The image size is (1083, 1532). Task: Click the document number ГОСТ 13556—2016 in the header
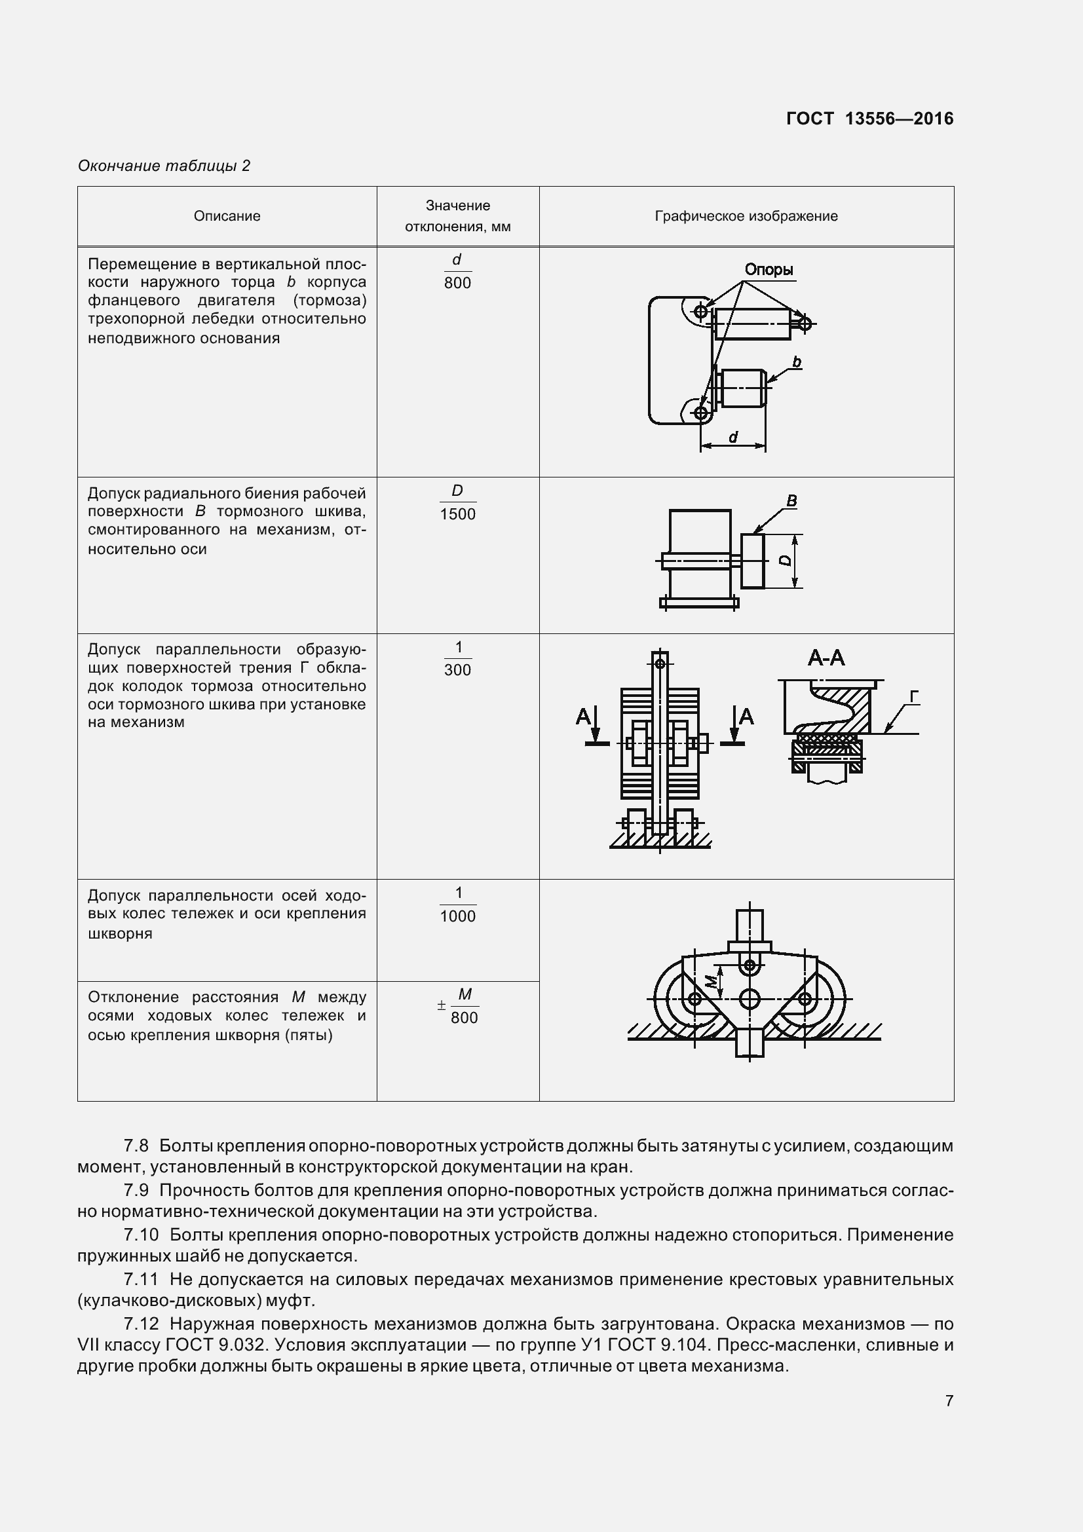(x=869, y=119)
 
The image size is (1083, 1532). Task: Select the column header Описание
(x=227, y=216)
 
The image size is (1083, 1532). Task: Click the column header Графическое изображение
(x=746, y=216)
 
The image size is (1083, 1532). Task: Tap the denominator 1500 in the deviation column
(x=458, y=514)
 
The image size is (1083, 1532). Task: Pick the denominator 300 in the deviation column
(x=458, y=670)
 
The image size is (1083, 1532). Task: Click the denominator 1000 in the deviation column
(x=458, y=916)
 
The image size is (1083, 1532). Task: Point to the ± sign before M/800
(x=441, y=1005)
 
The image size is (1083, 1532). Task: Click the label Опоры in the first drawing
(x=769, y=271)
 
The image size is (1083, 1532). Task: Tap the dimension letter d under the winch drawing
(x=732, y=438)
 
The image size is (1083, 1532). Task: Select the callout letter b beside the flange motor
(x=797, y=362)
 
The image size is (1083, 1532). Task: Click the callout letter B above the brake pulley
(x=792, y=500)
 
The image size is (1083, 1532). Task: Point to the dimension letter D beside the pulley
(x=786, y=561)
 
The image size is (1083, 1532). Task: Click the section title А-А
(x=826, y=658)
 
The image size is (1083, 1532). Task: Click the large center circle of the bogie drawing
(x=750, y=999)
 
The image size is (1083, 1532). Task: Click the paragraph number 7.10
(x=141, y=1235)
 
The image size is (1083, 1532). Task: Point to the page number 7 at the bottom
(x=949, y=1400)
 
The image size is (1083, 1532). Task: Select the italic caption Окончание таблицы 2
(x=164, y=166)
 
